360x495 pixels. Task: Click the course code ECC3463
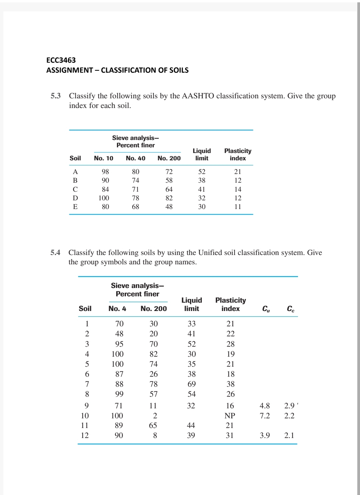click(x=61, y=60)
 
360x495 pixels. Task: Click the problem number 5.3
click(x=56, y=96)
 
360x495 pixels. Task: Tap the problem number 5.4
click(x=55, y=253)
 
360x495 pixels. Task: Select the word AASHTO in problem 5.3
click(x=198, y=96)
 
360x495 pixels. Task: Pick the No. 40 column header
click(x=135, y=158)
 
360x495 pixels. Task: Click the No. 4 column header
click(x=117, y=309)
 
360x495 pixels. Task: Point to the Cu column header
click(x=266, y=309)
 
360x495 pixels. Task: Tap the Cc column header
click(x=290, y=309)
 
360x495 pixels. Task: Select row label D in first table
click(x=75, y=198)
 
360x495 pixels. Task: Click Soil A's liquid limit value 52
click(x=202, y=172)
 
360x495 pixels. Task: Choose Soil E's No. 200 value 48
click(x=169, y=207)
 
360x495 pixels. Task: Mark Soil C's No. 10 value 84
click(x=105, y=189)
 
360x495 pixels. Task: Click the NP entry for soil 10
click(x=230, y=416)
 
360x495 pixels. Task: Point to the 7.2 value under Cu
click(x=265, y=416)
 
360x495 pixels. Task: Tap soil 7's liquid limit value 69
click(x=191, y=384)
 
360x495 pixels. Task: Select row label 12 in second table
click(x=85, y=435)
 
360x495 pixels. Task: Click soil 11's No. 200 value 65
click(x=153, y=425)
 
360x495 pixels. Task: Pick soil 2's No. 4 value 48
click(x=119, y=334)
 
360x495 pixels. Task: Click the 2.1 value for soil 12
click(x=289, y=435)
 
